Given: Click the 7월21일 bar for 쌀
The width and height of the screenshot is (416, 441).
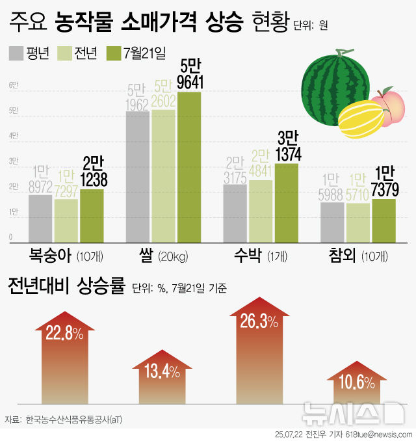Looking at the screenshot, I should click(189, 166).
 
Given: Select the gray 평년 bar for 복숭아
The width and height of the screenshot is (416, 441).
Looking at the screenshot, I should click(40, 217).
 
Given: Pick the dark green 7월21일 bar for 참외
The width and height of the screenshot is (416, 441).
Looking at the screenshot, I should click(383, 220).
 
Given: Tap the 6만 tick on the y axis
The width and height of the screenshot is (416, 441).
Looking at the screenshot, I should click(13, 86).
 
